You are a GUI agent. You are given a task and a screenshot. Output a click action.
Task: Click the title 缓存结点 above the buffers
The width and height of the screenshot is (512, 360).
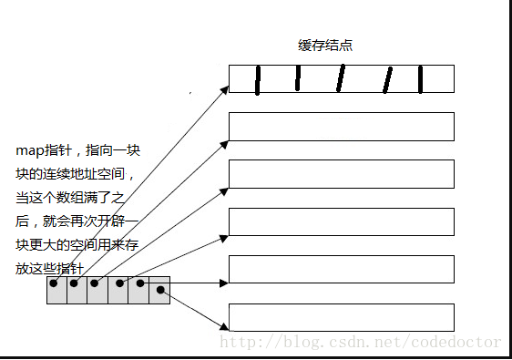click(324, 46)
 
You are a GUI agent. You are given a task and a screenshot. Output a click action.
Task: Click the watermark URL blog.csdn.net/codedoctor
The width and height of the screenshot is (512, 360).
click(363, 342)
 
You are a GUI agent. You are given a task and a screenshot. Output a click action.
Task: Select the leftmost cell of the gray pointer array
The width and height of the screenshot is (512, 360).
click(56, 290)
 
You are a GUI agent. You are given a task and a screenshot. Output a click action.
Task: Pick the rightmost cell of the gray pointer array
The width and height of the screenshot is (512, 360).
click(160, 290)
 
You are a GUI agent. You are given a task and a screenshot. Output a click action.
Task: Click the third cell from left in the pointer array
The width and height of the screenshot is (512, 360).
click(97, 290)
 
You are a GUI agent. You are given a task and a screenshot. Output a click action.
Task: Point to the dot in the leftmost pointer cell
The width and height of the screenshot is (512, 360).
click(55, 283)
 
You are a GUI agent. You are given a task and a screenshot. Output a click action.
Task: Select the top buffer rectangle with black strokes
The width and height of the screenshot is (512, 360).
click(341, 78)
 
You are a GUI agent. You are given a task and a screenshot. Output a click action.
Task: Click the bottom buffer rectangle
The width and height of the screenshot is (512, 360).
click(341, 317)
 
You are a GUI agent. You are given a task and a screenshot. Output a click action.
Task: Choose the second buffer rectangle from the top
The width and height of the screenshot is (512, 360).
click(341, 126)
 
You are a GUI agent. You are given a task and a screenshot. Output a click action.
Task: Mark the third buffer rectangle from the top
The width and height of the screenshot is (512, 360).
click(341, 173)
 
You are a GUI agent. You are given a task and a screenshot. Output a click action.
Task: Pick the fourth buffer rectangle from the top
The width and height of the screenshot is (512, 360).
click(341, 221)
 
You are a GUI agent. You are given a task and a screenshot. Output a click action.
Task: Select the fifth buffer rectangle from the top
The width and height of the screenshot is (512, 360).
click(341, 270)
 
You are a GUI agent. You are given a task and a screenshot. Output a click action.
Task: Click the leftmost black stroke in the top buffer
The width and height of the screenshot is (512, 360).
click(258, 79)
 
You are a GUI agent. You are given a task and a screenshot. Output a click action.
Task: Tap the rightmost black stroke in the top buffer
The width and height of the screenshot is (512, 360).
click(421, 79)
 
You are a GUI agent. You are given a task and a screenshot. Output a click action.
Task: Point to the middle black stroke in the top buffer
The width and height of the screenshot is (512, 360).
click(340, 79)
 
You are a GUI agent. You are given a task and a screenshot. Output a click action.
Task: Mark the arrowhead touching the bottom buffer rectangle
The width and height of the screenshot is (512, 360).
click(224, 326)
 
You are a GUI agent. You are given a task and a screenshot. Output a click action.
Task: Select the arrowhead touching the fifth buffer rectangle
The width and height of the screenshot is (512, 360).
click(224, 283)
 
